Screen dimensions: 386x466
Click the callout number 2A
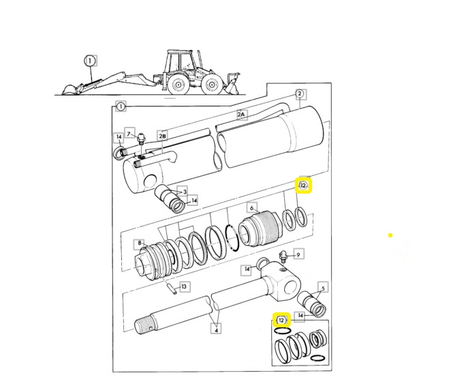pyautogui.click(x=240, y=115)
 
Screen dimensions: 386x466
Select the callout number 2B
pyautogui.click(x=162, y=136)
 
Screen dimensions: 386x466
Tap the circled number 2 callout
pyautogui.click(x=299, y=93)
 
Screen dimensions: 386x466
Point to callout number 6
pyautogui.click(x=251, y=207)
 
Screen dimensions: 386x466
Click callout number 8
pyautogui.click(x=140, y=242)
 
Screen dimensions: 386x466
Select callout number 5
pyautogui.click(x=324, y=287)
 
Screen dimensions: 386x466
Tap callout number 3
pyautogui.click(x=182, y=192)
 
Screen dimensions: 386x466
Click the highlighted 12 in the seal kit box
pyautogui.click(x=281, y=319)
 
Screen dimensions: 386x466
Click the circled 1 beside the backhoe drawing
pyautogui.click(x=89, y=61)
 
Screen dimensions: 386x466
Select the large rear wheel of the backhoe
pyautogui.click(x=179, y=85)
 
